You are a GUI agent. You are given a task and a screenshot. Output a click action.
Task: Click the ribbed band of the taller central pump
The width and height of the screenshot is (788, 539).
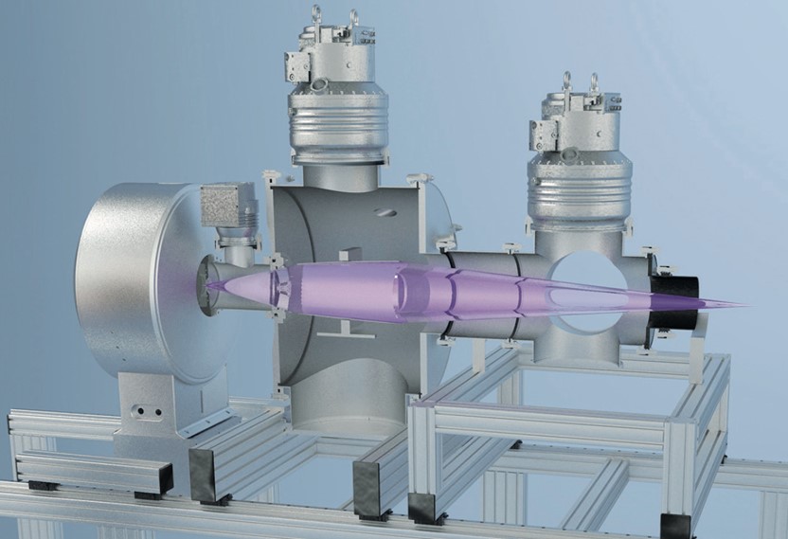pyautogui.click(x=340, y=123)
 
